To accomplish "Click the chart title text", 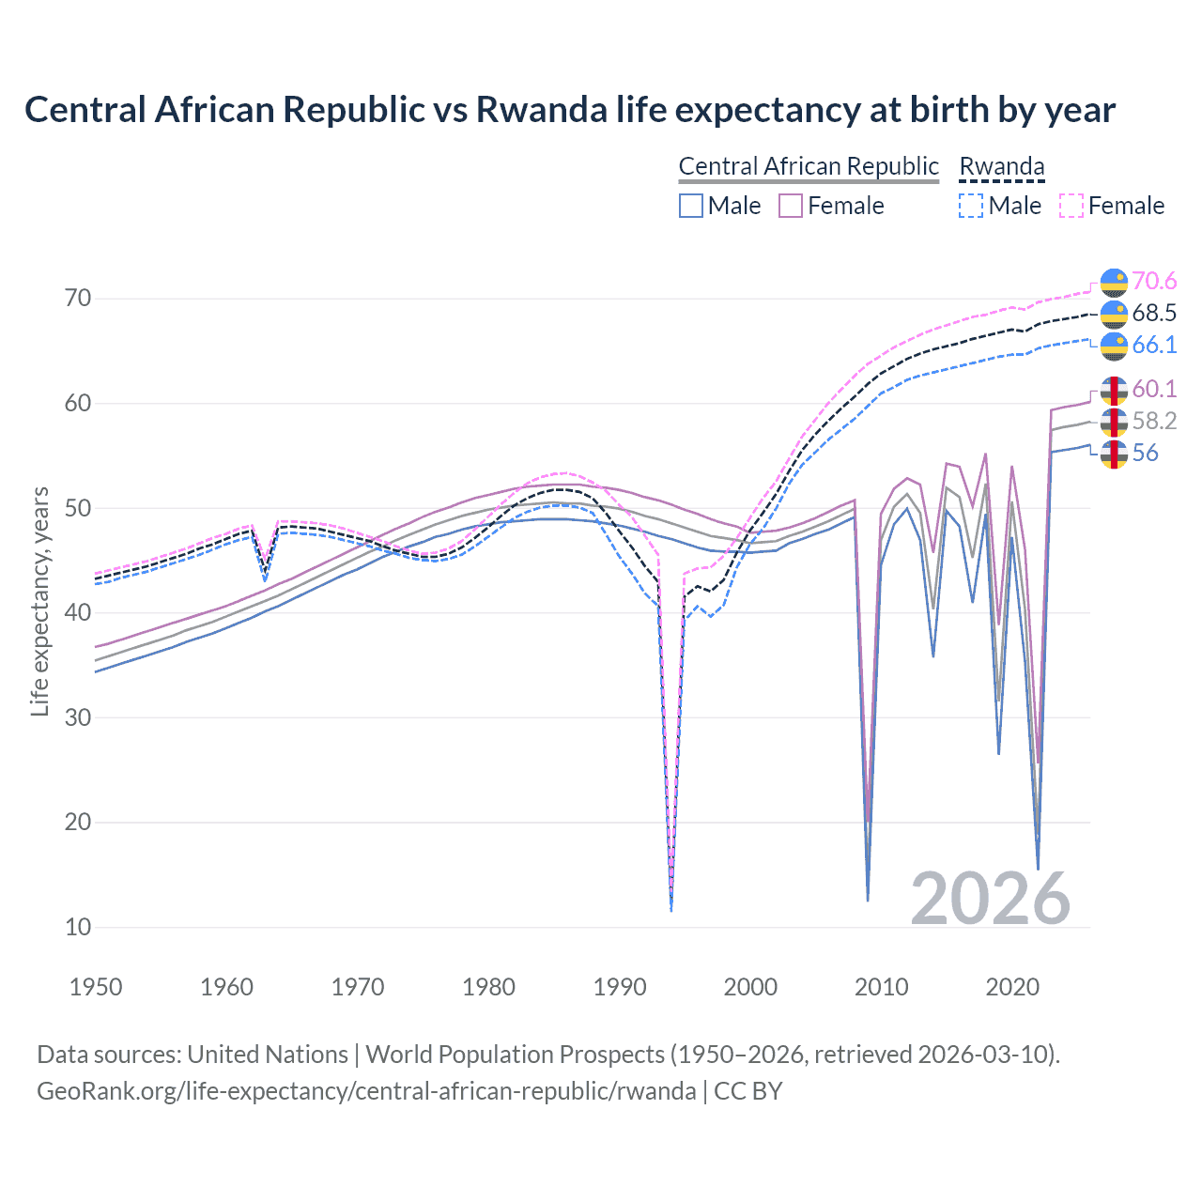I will [569, 110].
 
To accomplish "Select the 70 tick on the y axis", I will [78, 299].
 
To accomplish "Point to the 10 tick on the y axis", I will [78, 927].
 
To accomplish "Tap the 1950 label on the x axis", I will [96, 987].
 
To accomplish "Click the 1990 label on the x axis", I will [620, 987].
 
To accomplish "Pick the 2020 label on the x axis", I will [1012, 987].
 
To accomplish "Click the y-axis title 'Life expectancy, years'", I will [39, 601].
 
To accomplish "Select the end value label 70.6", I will [1154, 282].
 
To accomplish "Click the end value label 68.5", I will [1154, 314].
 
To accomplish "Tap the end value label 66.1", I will [1154, 346].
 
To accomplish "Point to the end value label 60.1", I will [1154, 389].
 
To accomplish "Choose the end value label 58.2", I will [1154, 421].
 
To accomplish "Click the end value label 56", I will [1145, 453].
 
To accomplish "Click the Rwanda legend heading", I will [1001, 166].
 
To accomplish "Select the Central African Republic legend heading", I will [808, 166].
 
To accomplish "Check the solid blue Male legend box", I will [691, 206].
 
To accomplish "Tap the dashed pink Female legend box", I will [1071, 206].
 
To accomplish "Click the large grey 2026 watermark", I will [991, 899].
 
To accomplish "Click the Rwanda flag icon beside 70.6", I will [1114, 282].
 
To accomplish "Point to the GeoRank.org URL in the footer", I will [366, 1091].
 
